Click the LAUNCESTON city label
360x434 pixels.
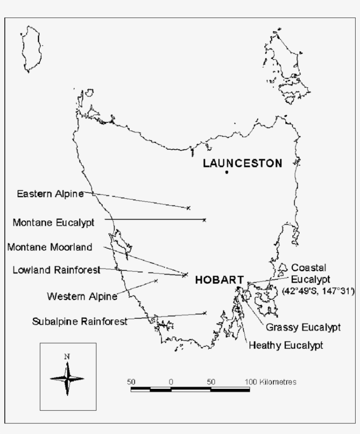242,164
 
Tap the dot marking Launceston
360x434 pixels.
227,172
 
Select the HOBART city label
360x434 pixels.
219,280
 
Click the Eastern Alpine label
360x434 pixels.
50,194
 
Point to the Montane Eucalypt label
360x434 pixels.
53,222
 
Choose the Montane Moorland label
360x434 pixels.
50,247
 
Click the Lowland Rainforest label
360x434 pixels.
56,269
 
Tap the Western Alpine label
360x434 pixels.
82,296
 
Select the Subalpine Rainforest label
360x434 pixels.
80,321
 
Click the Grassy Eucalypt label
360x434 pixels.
303,327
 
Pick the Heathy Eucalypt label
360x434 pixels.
286,345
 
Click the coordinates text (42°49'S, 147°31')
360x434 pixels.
318,291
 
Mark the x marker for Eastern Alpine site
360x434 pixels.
188,208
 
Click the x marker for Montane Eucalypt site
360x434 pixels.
204,220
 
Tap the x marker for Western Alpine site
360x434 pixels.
156,281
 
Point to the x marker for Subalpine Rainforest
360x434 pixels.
205,313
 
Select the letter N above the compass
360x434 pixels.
67,356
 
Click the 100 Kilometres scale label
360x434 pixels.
271,382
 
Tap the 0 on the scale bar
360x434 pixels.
170,382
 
